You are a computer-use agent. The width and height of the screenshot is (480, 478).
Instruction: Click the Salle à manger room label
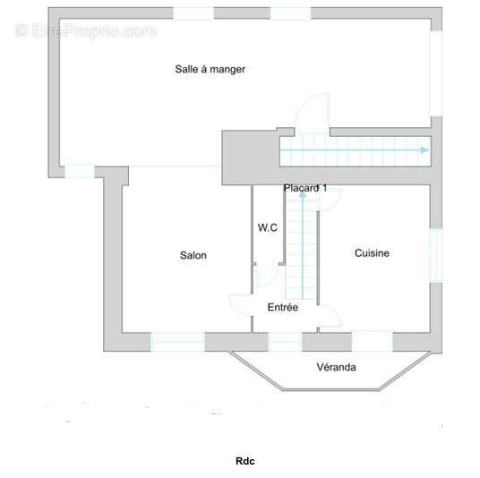tap(210, 70)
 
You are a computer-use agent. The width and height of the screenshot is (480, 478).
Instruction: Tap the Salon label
tap(193, 255)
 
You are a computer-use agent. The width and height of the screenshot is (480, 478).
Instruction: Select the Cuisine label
tap(372, 252)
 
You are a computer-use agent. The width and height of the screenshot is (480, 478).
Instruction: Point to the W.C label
tap(268, 227)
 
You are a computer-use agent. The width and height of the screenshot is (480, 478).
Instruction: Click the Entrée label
tap(283, 307)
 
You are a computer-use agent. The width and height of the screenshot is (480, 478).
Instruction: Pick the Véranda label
tap(336, 367)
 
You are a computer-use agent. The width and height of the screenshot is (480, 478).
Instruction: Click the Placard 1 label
tap(305, 188)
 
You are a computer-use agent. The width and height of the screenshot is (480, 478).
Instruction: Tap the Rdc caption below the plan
tap(244, 461)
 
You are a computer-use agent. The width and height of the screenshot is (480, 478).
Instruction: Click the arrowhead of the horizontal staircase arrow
tap(424, 150)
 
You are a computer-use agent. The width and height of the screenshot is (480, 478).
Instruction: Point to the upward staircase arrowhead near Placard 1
tap(303, 193)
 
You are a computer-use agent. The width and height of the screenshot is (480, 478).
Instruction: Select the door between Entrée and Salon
tap(239, 303)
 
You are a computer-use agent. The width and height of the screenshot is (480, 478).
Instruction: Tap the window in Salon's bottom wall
tap(177, 342)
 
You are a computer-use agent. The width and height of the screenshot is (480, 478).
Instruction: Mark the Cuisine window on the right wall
tap(436, 255)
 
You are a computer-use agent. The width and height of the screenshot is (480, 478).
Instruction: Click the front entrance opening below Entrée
tap(285, 342)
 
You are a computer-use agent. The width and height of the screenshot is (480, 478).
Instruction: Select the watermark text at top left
tap(86, 31)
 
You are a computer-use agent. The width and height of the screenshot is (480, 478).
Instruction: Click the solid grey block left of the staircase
tap(251, 158)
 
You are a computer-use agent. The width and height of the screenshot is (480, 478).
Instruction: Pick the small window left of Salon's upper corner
tap(80, 172)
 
